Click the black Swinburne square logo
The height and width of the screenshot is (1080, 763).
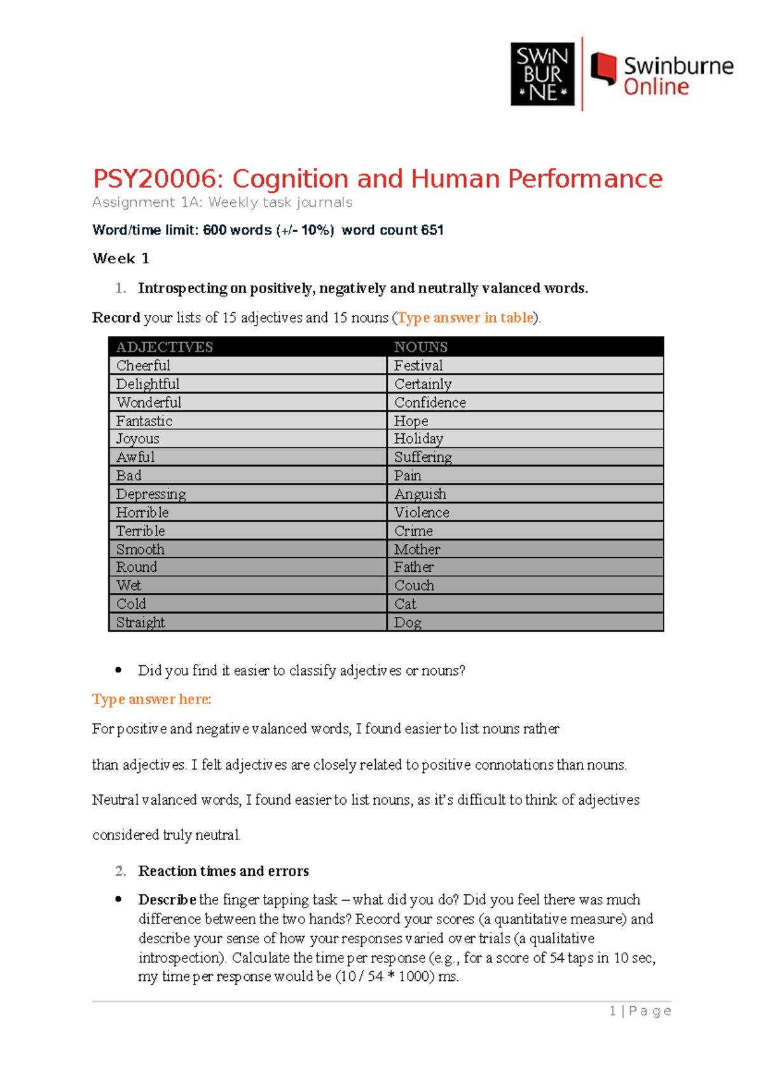[542, 74]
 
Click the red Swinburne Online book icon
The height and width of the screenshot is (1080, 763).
[603, 68]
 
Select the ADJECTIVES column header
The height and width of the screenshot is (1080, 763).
[165, 347]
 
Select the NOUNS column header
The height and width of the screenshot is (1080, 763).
[421, 347]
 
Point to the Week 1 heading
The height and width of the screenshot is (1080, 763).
[121, 259]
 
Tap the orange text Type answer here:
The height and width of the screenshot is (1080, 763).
[152, 700]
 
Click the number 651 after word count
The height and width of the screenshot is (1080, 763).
[432, 230]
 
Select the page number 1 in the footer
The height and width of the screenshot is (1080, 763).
[613, 1011]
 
